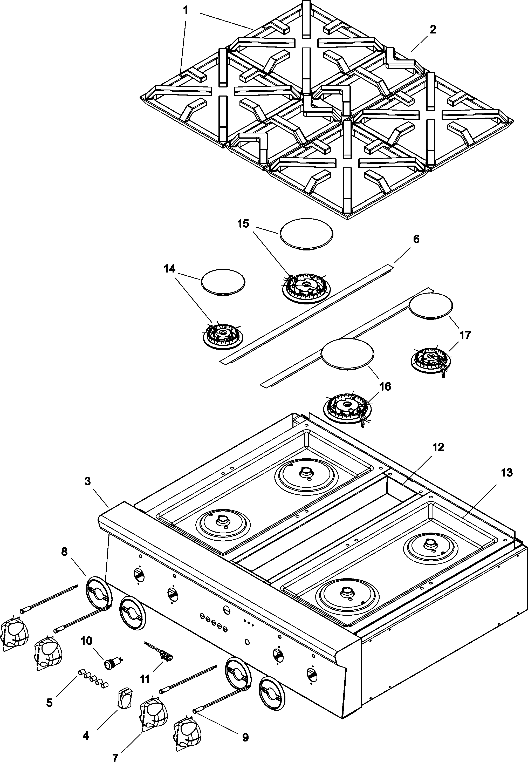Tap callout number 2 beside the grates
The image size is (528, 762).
433,30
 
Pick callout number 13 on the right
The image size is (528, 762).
506,472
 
